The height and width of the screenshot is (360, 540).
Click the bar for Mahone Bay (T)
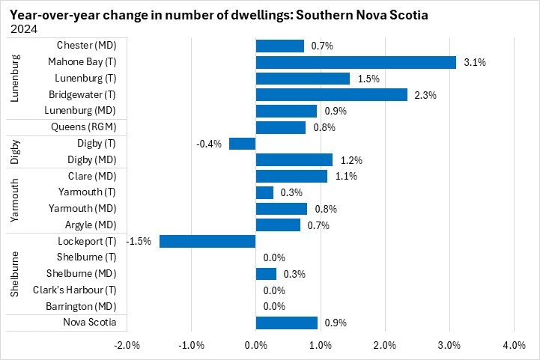click(356, 62)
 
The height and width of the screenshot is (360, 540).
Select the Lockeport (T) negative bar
click(207, 241)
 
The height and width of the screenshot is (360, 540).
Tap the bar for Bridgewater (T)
click(332, 94)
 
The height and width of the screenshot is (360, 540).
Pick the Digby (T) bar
click(243, 144)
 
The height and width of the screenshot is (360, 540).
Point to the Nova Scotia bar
click(287, 323)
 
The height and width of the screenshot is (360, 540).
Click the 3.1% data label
click(475, 62)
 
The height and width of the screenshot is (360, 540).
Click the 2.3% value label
click(426, 94)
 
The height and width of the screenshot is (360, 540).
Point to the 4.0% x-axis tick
click(514, 345)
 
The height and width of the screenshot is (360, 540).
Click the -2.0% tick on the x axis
click(127, 345)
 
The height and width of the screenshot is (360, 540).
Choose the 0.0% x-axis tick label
click(256, 345)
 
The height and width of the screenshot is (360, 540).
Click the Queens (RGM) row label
click(84, 127)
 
